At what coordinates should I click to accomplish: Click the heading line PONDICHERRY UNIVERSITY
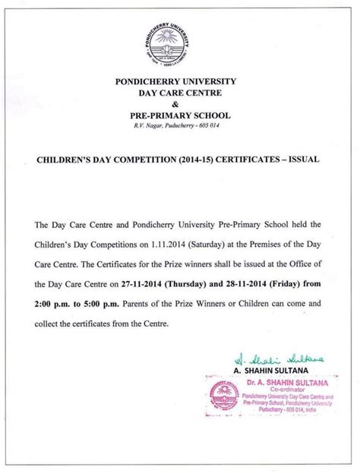pyautogui.click(x=179, y=80)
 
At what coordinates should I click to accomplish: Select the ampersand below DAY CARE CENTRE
pyautogui.click(x=179, y=103)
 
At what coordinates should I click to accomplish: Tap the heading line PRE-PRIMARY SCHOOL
pyautogui.click(x=179, y=115)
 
